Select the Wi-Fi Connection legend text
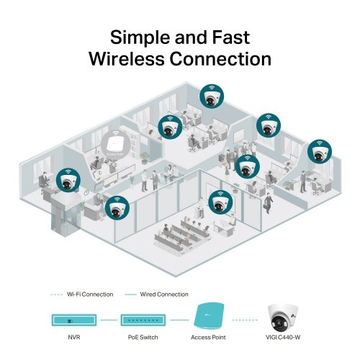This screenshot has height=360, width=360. click(x=89, y=294)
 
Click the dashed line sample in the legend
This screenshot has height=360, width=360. click(x=58, y=294)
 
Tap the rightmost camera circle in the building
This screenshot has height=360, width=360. click(x=320, y=153)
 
